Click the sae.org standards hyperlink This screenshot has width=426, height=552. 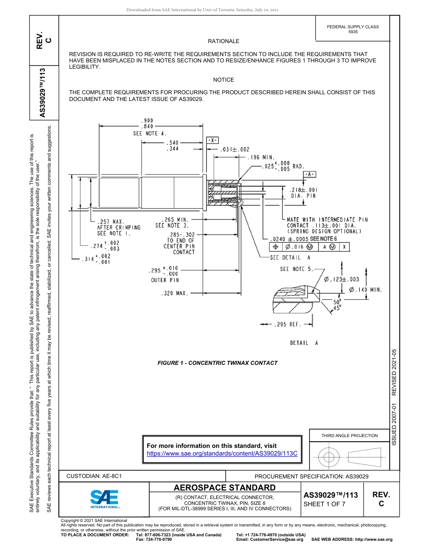point(222,453)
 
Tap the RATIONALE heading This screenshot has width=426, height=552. point(223,41)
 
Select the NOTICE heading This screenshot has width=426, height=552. point(223,80)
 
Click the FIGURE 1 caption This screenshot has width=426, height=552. point(217,363)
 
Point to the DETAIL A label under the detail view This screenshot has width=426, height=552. point(304,343)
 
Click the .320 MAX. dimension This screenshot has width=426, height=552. point(174,294)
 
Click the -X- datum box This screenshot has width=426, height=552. point(212,140)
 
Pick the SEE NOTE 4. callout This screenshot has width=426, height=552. point(150,134)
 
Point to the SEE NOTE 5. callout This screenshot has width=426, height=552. point(296,269)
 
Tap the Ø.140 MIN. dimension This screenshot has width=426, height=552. point(365,289)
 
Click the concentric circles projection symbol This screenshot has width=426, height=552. point(329,457)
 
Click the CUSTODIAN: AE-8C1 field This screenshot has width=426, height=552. point(94,476)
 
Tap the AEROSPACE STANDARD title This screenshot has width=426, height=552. point(225,488)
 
